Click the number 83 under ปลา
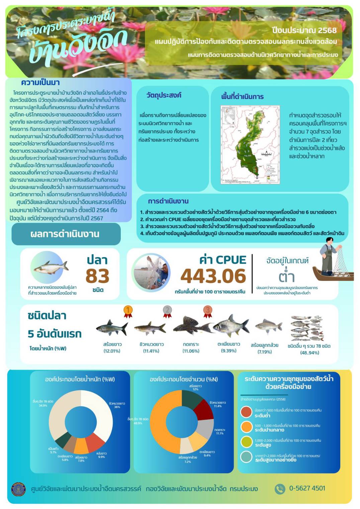coord(97,276)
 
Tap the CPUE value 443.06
coord(213,276)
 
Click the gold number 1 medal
coord(128,311)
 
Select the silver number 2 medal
coord(167,311)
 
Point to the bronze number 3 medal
coord(207,311)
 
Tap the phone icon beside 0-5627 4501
coord(279,489)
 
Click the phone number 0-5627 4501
coord(307,488)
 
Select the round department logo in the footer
coord(18,489)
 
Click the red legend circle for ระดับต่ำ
coord(246,412)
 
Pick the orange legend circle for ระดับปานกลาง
coord(246,427)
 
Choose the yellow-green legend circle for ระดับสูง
coord(246,442)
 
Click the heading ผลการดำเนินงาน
coord(65,234)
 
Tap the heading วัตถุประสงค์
coord(164,95)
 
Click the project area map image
coord(250,145)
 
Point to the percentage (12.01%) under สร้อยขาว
coord(112,351)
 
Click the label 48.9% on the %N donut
coord(138,423)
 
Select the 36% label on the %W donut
coord(117,407)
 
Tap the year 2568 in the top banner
coord(327,30)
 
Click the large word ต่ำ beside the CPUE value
coord(287,277)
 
